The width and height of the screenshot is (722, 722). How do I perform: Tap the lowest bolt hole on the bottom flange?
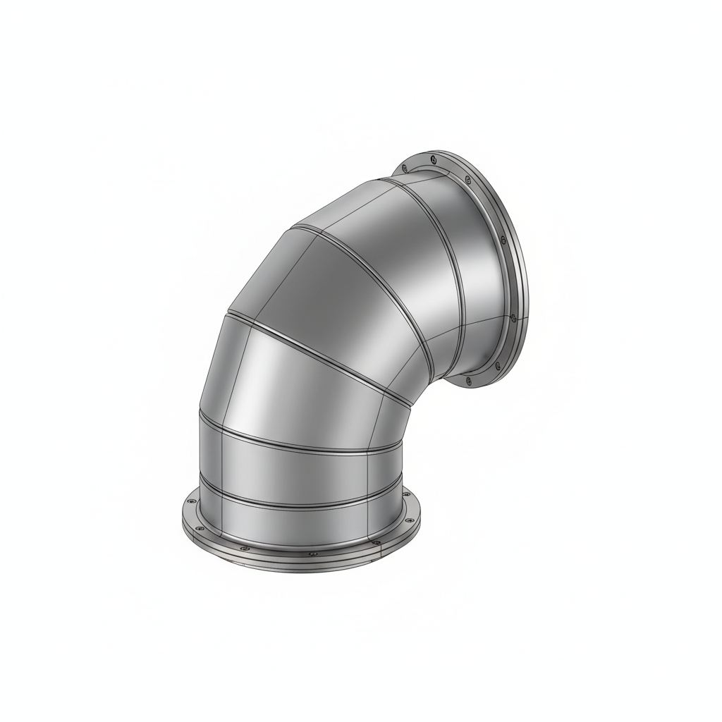point(312,554)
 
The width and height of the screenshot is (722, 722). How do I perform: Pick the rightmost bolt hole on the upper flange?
point(513,318)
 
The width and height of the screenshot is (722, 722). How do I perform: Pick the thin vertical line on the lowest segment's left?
point(221,508)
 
